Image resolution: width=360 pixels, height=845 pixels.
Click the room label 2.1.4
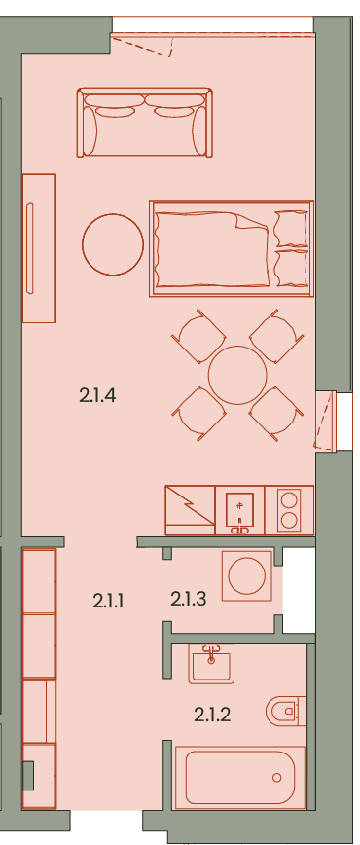point(97,396)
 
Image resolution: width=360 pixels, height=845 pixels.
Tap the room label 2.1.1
point(108,601)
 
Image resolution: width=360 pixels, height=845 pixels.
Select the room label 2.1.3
point(189,598)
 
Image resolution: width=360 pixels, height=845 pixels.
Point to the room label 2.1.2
point(212,716)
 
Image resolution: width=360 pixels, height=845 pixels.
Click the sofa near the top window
point(144,123)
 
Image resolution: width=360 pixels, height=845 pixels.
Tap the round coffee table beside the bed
point(113,244)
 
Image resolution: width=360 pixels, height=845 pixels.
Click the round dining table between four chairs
point(237,375)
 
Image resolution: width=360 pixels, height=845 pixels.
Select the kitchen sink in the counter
point(239,510)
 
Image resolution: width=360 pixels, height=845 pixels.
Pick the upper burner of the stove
point(289,499)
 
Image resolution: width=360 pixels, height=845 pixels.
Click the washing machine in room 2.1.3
point(247,575)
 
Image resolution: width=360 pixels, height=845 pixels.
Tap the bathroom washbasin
point(211,665)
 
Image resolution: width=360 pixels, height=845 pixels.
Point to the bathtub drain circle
point(277,778)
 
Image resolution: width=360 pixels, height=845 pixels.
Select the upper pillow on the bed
point(291,229)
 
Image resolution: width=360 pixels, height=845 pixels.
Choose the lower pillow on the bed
point(291,268)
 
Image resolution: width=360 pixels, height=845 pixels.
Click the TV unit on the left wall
point(39,248)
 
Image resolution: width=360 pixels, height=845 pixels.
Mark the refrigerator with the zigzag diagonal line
point(190,510)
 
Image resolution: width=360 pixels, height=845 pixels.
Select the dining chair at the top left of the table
point(198,336)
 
